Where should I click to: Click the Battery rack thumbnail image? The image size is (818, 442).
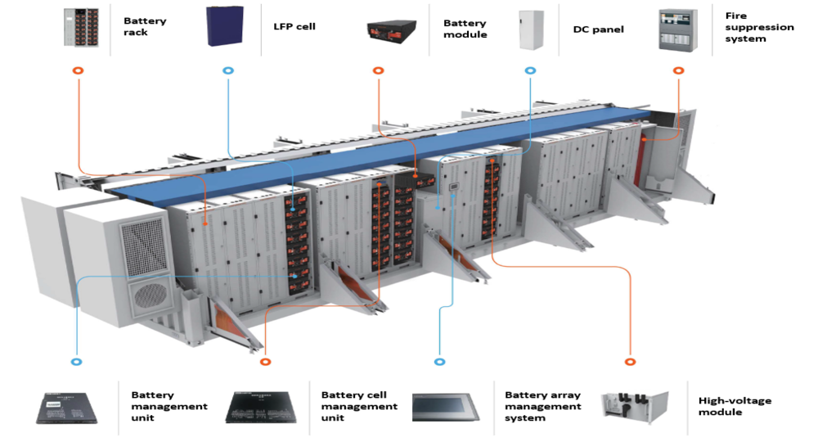pos(80,27)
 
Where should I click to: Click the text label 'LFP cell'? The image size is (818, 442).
pos(294,27)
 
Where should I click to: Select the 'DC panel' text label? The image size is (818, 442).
pos(598,29)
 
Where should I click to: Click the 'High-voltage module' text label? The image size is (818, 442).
pos(735,407)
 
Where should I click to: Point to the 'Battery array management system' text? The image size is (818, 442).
pos(543,406)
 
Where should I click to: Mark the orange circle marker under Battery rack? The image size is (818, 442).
pos(78,71)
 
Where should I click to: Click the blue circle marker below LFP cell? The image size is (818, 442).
pos(227,71)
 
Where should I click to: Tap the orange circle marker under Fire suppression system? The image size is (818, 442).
pos(678,71)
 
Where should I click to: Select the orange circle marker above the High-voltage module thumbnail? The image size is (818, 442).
pos(629,361)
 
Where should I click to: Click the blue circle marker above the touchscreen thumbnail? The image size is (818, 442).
pos(439,361)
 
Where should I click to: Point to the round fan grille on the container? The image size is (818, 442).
pos(150,291)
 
